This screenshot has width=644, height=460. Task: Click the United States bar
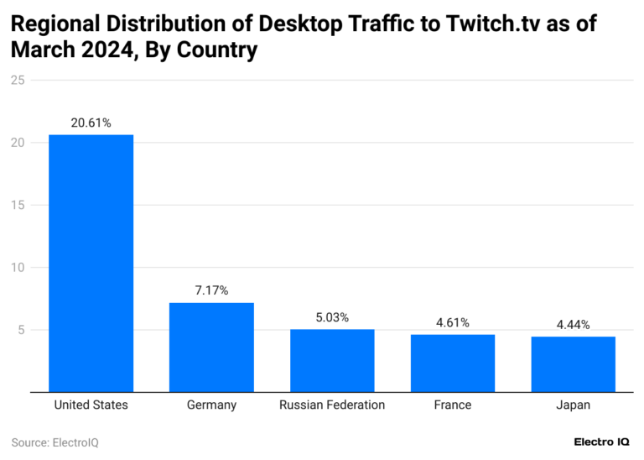coord(91,263)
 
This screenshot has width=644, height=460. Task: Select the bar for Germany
coord(211,347)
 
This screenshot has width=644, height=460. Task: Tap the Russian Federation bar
coord(332,360)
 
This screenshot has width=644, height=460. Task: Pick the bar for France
coord(453,363)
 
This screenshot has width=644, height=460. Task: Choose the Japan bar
coord(574,363)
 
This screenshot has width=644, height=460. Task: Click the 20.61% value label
coord(91,123)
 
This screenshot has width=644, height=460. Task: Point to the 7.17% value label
coord(211,290)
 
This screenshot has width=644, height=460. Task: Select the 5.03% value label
coord(332,317)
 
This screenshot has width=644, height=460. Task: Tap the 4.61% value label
coord(453,322)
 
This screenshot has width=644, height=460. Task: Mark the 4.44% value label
coord(574,324)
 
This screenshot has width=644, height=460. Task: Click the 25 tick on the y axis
coord(18,81)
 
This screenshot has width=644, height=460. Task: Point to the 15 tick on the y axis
coord(18,205)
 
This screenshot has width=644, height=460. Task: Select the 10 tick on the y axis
coord(18,268)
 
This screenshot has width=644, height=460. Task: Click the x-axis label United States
coord(91,405)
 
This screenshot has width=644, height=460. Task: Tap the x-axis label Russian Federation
coord(332,405)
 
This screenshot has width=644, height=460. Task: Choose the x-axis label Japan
coord(574,405)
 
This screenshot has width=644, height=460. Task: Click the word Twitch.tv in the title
coord(472,23)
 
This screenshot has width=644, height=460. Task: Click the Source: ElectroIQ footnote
coord(55,442)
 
